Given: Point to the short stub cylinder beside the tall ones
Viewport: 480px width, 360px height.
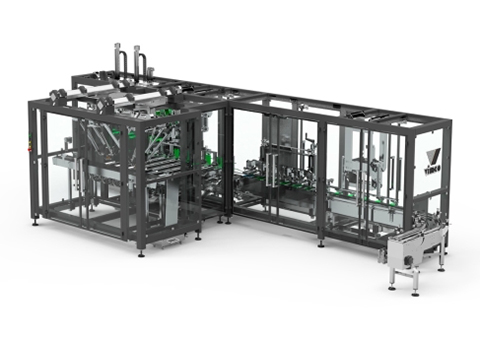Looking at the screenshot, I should tap(151, 65).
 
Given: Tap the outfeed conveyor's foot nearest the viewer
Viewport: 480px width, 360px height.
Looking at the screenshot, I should tap(417, 291).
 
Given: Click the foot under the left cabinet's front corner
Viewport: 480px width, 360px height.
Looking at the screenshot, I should tap(140, 254).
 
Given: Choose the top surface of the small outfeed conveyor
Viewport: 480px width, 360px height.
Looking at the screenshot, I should tap(416, 240).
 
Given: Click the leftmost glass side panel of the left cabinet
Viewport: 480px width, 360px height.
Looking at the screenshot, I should tap(56, 165).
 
